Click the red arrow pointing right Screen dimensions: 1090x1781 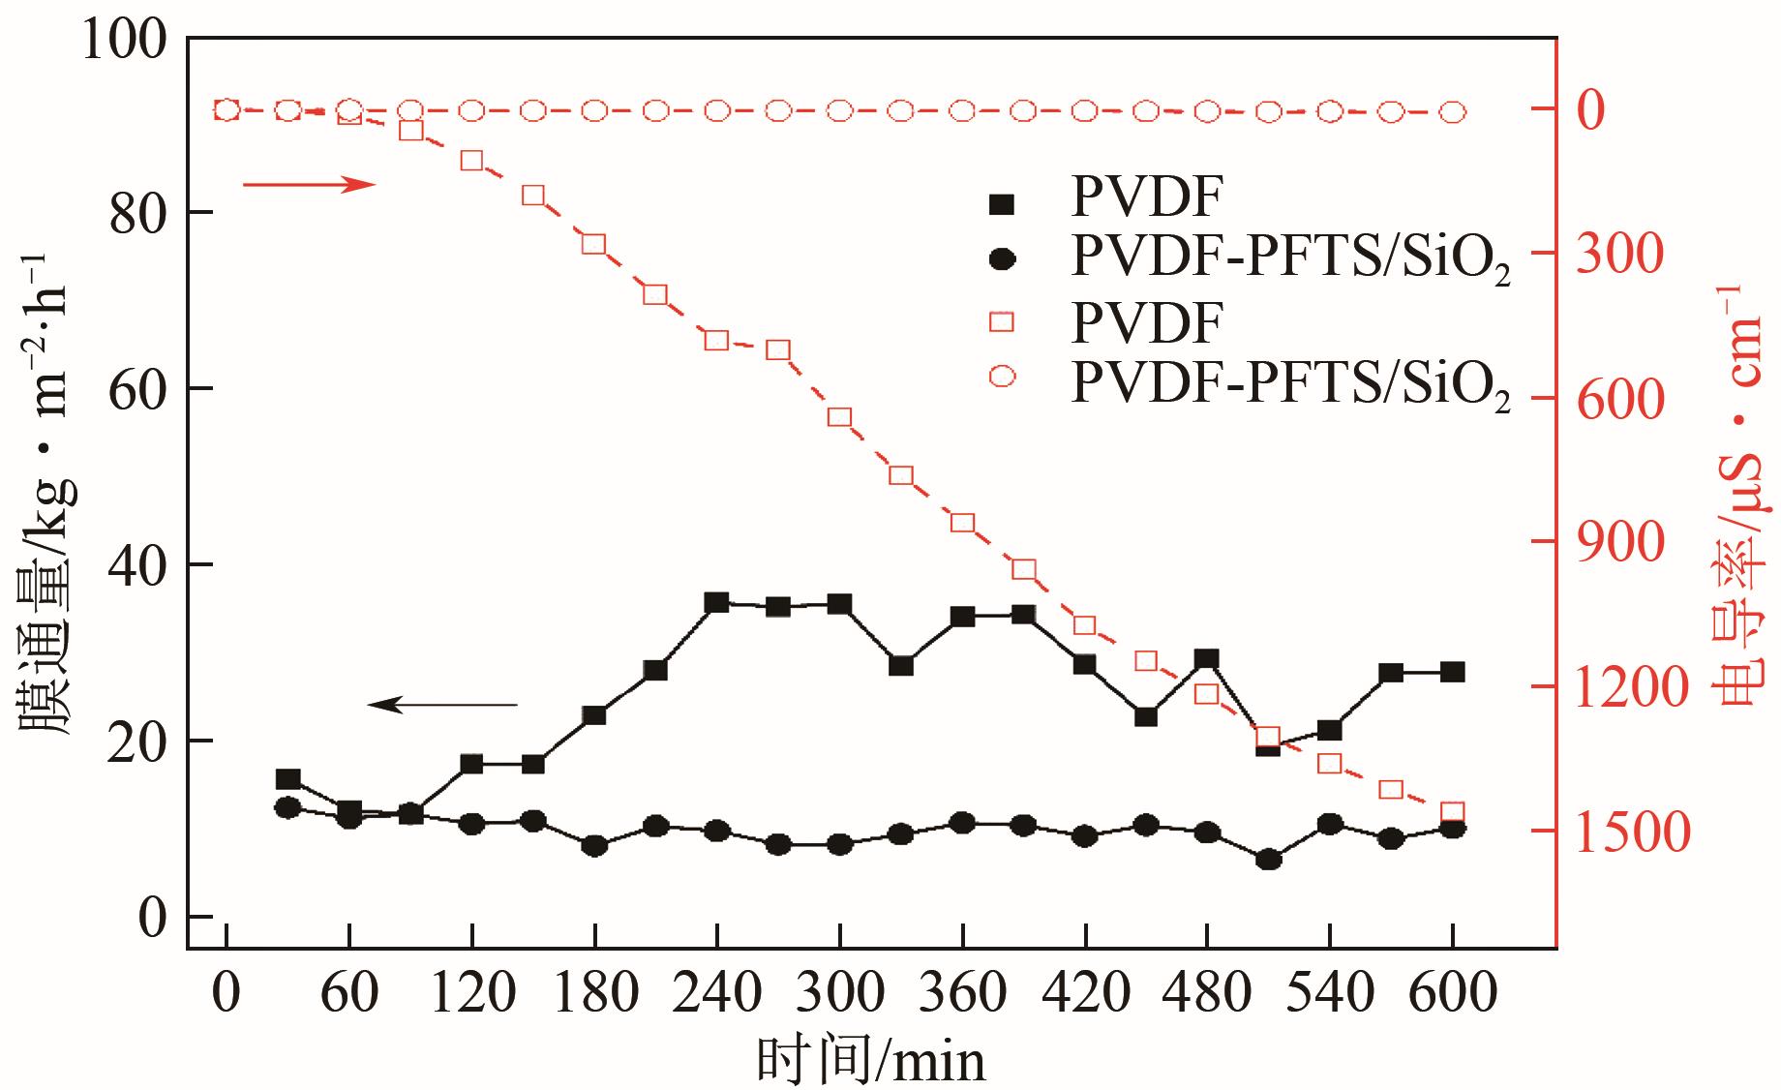click(308, 184)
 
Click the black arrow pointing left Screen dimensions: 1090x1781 click(443, 705)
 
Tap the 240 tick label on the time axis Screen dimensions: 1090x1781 click(716, 994)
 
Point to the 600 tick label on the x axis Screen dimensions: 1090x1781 click(1452, 994)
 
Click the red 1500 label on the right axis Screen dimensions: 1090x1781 click(1633, 833)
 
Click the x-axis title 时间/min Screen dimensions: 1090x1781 click(871, 1059)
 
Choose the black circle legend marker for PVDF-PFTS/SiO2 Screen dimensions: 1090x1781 click(1002, 260)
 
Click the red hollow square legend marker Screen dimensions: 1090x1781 click(1002, 321)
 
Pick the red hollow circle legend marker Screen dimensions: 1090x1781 click(1002, 379)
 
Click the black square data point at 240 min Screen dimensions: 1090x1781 click(716, 603)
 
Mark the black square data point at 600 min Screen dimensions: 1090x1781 click(1452, 672)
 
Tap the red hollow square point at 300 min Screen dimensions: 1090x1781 click(839, 418)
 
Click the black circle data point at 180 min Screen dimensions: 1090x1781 click(594, 845)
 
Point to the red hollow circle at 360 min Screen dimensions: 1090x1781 click(962, 111)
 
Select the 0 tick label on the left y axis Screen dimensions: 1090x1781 click(152, 917)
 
